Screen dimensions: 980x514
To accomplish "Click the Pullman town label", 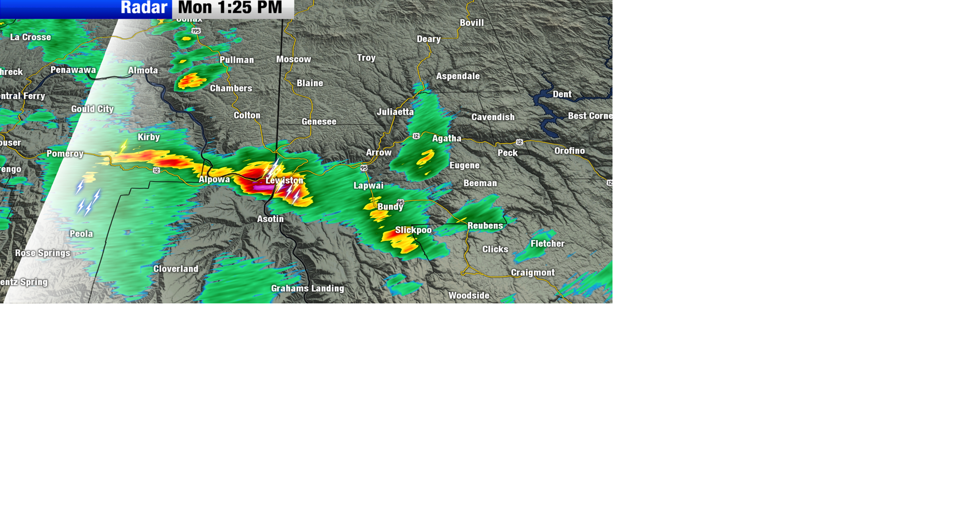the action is pos(237,60).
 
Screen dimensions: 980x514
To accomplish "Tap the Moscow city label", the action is pos(293,60).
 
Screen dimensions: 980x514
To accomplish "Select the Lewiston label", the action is pos(284,181).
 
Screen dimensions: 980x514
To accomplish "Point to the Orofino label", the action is pos(570,151).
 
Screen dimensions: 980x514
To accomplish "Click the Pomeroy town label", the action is pos(65,153).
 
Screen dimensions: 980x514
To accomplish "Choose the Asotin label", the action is pos(270,219).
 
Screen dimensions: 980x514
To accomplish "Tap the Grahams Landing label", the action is pos(307,289).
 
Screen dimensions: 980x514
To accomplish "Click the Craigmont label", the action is pos(532,273).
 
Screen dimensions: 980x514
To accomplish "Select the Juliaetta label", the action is pos(395,112).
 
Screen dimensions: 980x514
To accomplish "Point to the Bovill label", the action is pos(472,23).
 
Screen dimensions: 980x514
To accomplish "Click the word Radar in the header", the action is pos(144,8).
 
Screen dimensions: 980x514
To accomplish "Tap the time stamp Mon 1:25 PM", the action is pos(230,8).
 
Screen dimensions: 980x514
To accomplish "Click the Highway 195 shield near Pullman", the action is pos(196,31).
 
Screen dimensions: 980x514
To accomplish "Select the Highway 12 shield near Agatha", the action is pos(416,136).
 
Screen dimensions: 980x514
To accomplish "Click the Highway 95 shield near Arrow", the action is pos(363,168).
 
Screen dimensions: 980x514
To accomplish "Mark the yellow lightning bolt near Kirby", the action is pos(124,147).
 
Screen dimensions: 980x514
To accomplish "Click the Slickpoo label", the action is pos(413,230).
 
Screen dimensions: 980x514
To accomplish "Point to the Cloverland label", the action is pos(176,269).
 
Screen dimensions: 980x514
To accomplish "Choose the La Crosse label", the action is pos(31,37).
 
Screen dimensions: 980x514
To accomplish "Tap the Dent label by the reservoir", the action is pos(562,94).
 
